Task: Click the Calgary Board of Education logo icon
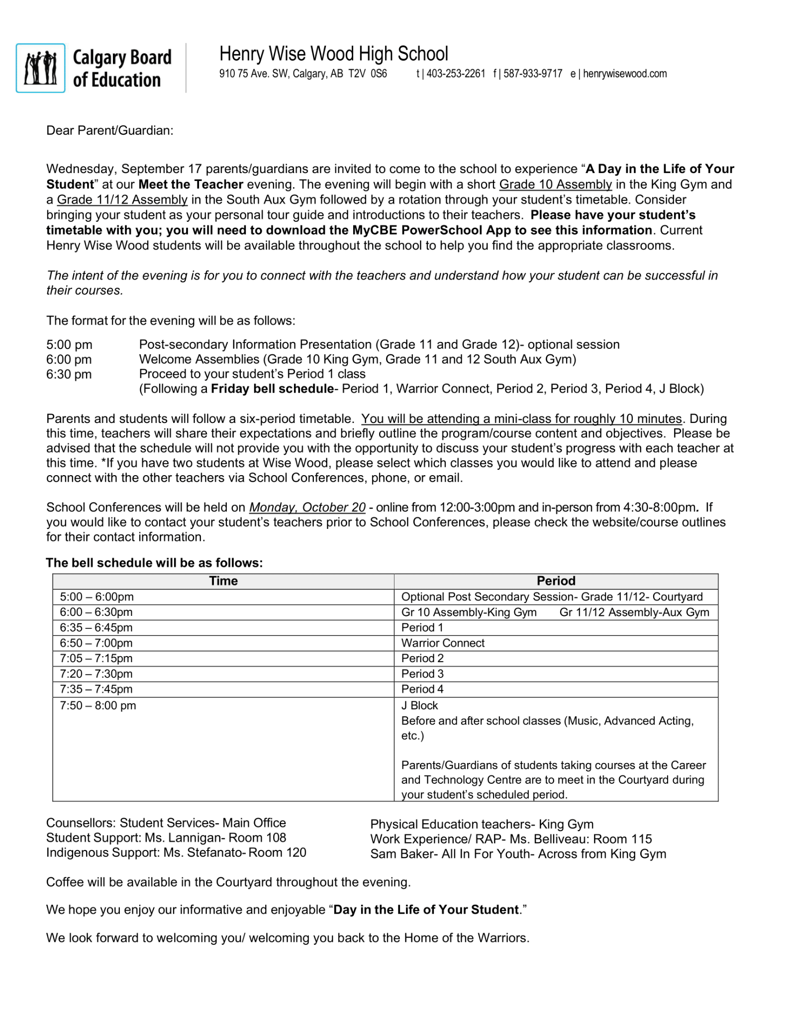click(40, 68)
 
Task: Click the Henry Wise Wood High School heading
click(333, 54)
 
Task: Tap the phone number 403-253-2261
click(456, 74)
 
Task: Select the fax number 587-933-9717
click(532, 74)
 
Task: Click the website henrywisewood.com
click(624, 74)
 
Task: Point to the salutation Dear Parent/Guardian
click(109, 131)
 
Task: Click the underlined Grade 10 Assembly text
click(555, 184)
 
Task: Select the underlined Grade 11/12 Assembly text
click(122, 200)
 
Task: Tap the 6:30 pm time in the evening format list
click(69, 374)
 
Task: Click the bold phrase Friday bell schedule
click(272, 389)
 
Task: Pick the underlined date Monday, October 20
click(307, 508)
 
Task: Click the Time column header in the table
click(223, 581)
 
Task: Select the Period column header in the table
click(556, 581)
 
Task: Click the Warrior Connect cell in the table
click(443, 643)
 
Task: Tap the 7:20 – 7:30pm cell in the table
click(96, 674)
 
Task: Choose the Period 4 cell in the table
click(422, 689)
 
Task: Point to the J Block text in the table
click(419, 706)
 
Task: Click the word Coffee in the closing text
click(65, 882)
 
